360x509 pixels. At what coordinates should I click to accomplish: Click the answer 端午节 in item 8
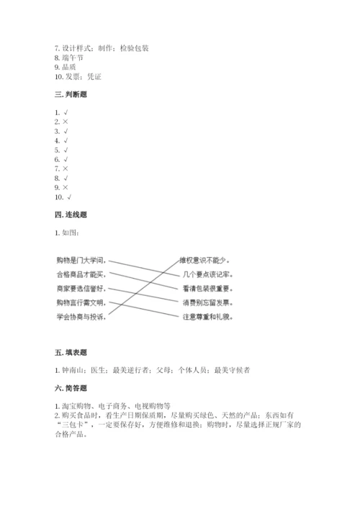74,58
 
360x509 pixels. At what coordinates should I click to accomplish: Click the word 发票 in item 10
74,76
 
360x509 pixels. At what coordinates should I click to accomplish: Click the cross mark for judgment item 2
66,122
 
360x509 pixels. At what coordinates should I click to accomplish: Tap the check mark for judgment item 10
69,197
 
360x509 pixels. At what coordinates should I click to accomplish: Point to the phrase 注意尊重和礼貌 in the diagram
207,317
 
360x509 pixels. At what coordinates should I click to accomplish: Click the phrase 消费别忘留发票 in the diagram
207,302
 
